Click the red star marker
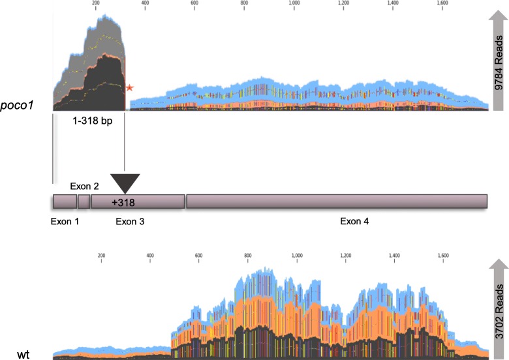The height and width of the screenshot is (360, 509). click(x=130, y=87)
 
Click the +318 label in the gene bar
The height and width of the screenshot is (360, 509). click(x=123, y=202)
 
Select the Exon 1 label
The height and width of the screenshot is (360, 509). click(x=65, y=222)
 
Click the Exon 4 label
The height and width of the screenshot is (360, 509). click(x=354, y=222)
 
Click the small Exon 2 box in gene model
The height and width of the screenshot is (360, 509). click(x=84, y=202)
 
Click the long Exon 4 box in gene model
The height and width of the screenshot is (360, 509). click(x=337, y=202)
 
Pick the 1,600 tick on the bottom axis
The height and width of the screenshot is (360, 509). click(x=442, y=256)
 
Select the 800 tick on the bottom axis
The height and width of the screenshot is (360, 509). click(x=248, y=256)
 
